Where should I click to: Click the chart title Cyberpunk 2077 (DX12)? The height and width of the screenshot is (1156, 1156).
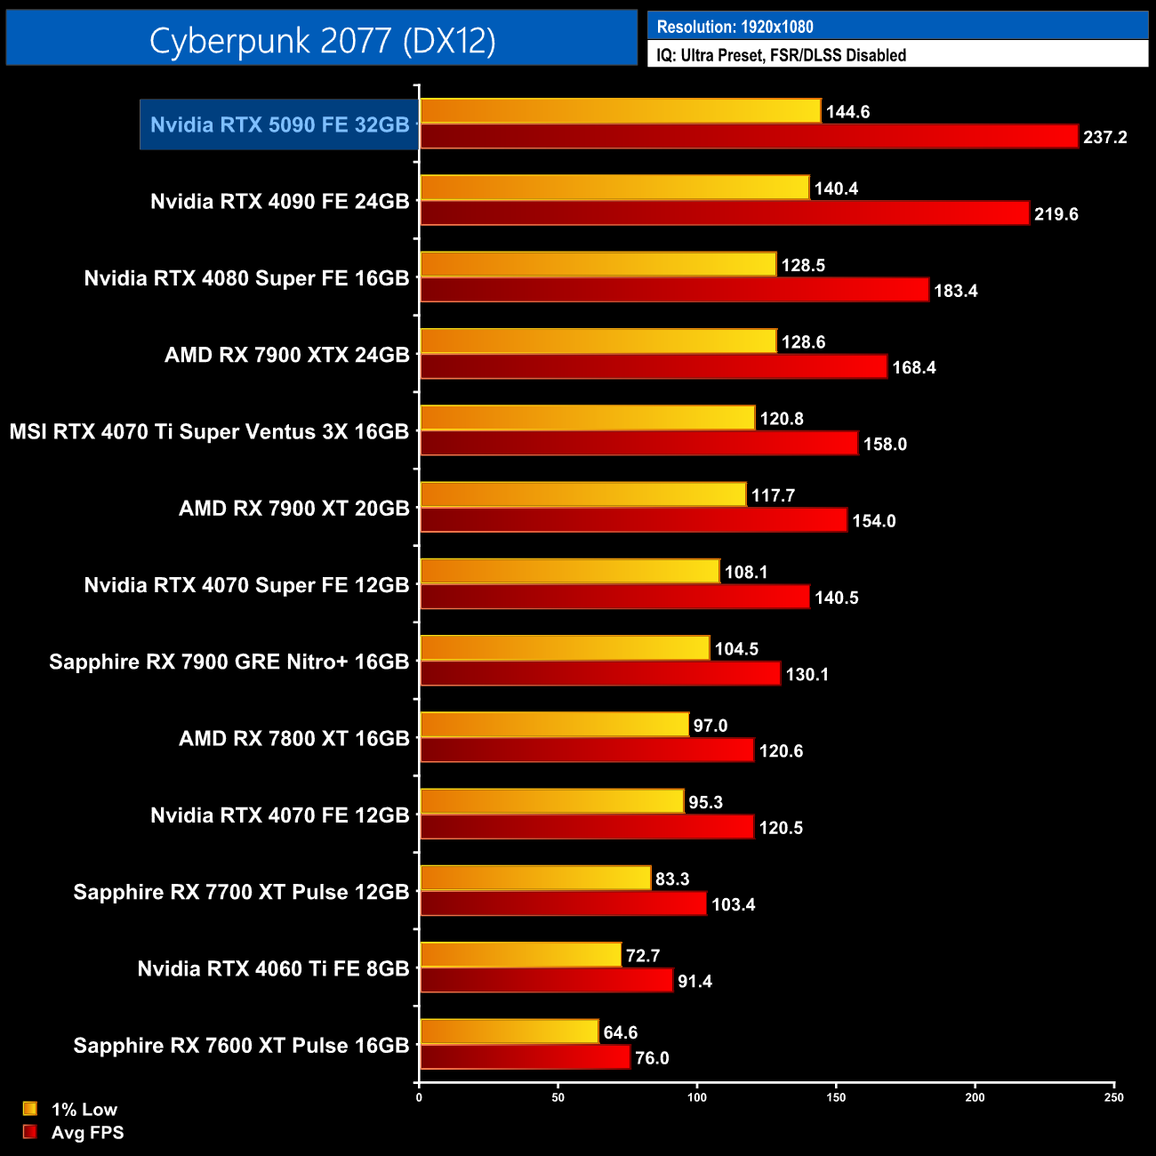tap(322, 40)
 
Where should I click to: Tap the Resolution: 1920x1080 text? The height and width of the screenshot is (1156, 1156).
tap(735, 27)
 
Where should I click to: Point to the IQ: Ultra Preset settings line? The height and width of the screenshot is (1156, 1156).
tap(781, 55)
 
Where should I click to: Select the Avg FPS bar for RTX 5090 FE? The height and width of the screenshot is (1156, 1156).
tap(749, 137)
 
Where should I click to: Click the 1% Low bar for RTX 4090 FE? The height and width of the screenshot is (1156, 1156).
tap(614, 188)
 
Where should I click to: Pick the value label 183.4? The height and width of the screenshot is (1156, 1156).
tap(955, 291)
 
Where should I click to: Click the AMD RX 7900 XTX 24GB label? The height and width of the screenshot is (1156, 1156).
tap(286, 355)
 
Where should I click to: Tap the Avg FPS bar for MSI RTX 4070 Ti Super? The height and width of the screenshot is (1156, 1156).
tap(638, 444)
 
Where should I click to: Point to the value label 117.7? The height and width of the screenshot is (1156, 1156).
tap(773, 495)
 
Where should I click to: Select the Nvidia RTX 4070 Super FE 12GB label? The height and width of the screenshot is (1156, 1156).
tap(246, 585)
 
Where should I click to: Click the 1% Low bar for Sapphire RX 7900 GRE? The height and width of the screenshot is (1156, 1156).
tap(565, 648)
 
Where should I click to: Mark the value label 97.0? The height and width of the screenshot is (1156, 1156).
tap(710, 726)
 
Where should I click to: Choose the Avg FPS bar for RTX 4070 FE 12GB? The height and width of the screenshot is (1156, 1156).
tap(587, 827)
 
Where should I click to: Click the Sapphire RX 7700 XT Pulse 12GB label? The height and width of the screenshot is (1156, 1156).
tap(241, 892)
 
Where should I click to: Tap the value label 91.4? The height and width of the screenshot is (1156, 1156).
tap(694, 982)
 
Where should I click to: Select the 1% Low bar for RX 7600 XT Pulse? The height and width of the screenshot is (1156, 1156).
tap(509, 1032)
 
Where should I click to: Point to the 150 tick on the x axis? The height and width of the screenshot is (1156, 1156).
tap(836, 1097)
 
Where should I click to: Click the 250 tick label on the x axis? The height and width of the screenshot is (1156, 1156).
tap(1113, 1097)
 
